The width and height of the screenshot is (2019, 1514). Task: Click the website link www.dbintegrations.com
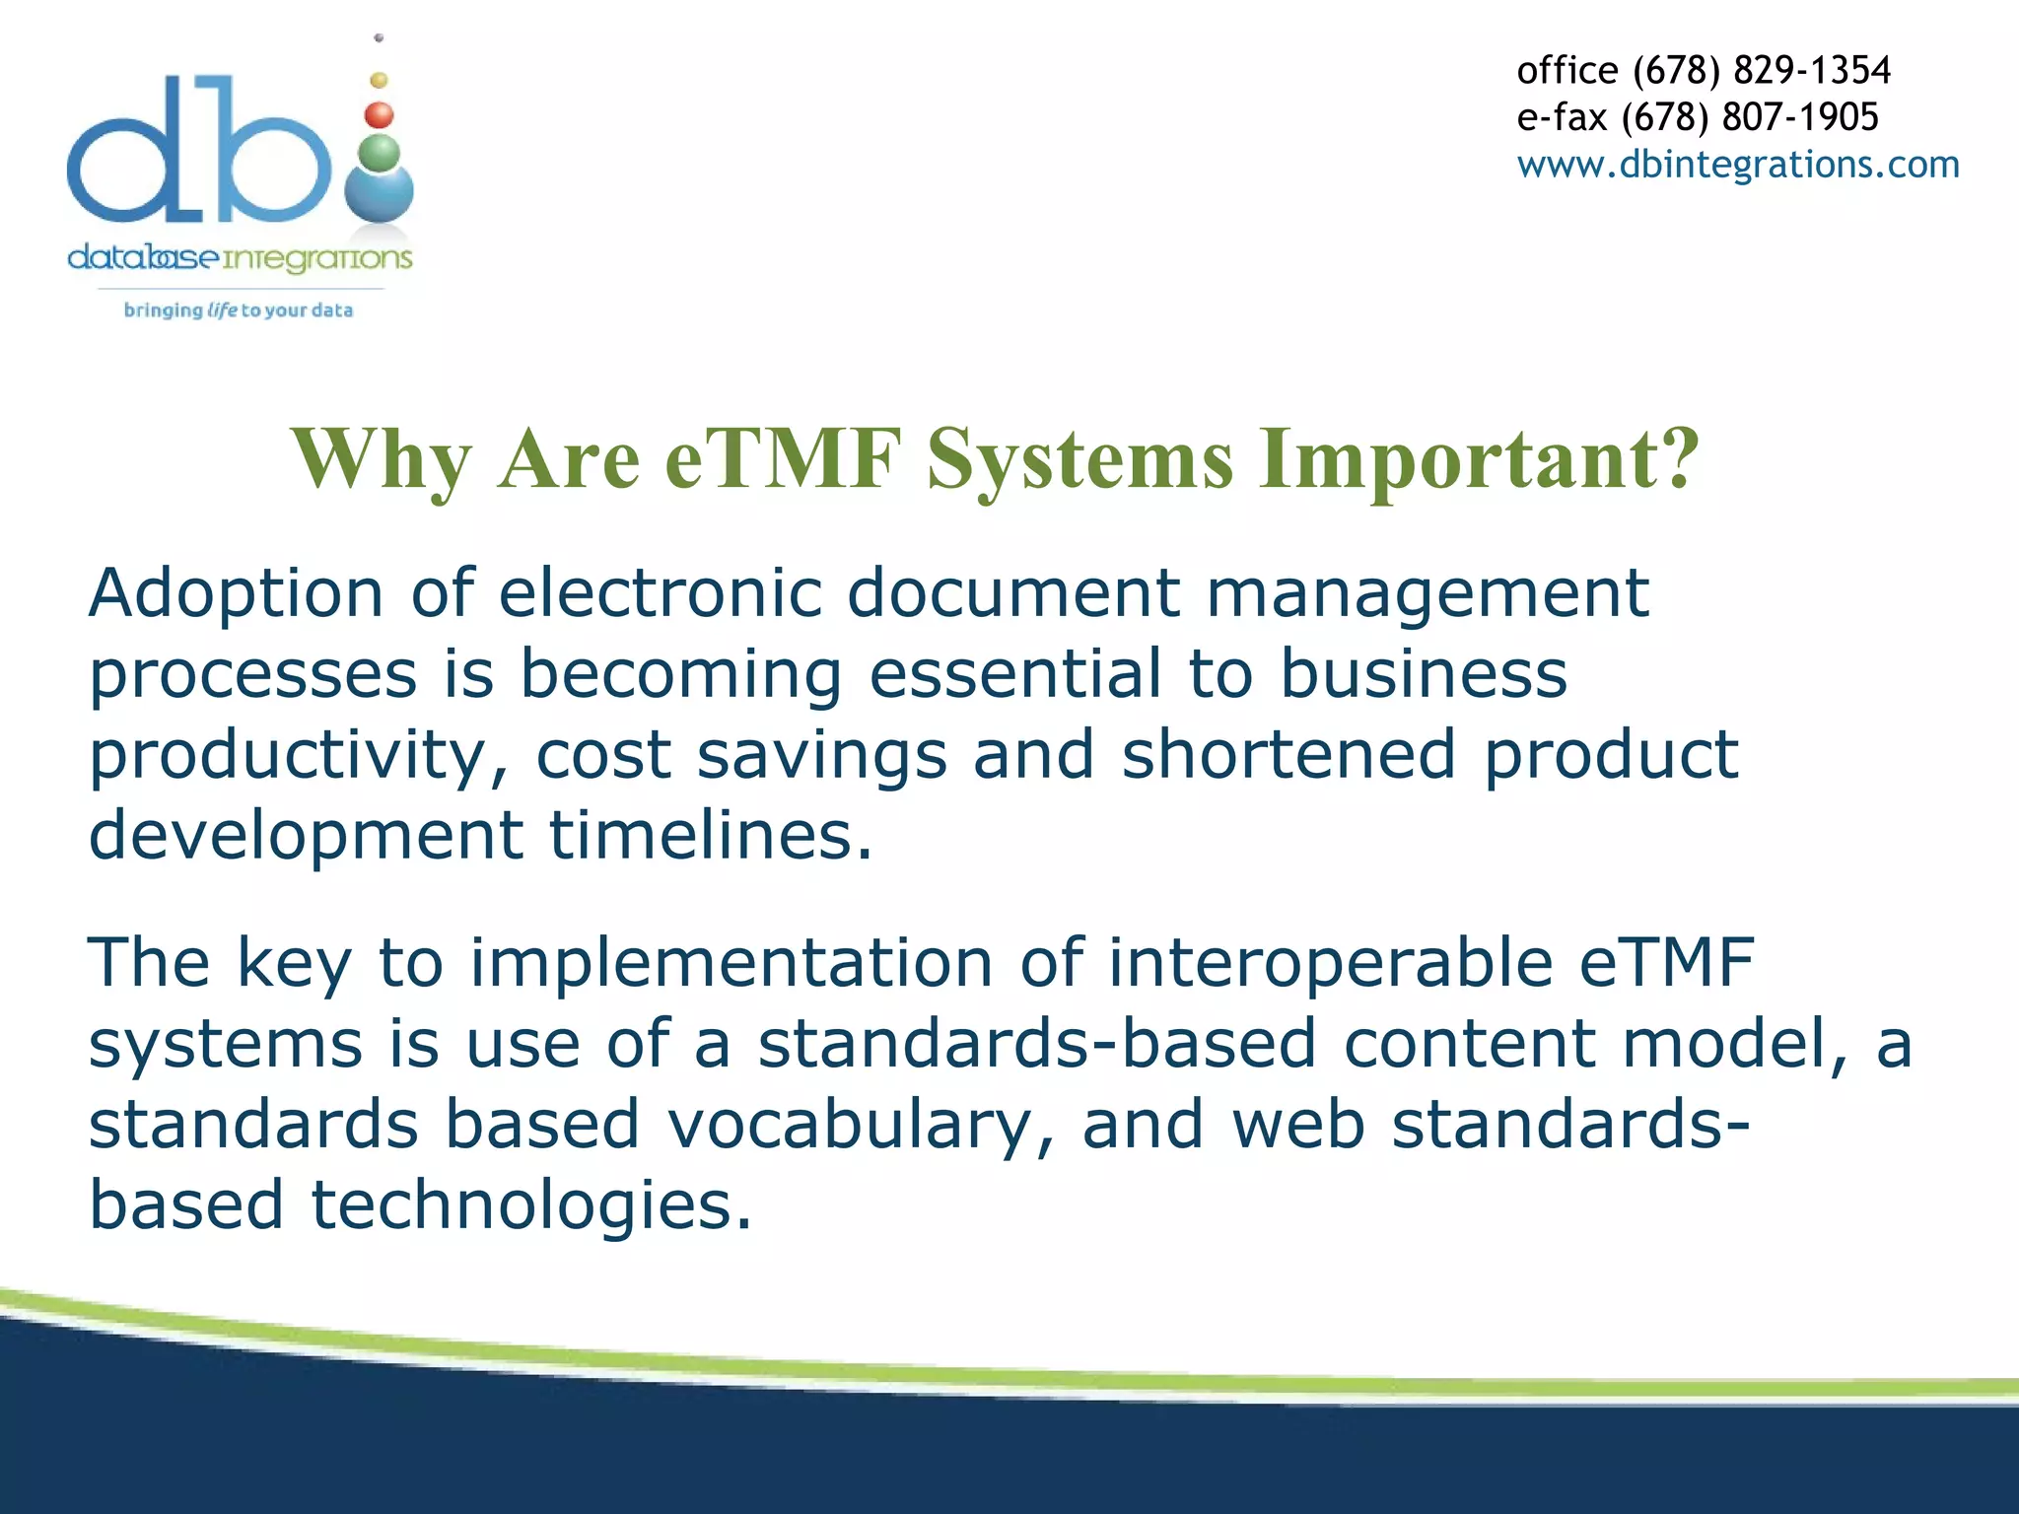[1737, 165]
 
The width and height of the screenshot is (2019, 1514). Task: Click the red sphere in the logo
[380, 115]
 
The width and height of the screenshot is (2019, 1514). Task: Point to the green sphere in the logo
[380, 154]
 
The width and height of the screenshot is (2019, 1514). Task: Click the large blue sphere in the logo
[380, 194]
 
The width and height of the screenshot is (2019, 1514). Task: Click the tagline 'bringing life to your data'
[239, 310]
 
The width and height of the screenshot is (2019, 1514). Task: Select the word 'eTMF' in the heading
[784, 458]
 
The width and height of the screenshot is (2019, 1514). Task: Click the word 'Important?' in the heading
[1480, 458]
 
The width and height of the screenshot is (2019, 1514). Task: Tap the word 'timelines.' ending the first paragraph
[710, 836]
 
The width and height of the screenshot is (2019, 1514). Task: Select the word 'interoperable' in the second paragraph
[1331, 963]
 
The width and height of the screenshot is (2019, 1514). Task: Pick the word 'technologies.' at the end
[531, 1205]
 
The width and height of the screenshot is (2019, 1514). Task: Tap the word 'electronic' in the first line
[660, 594]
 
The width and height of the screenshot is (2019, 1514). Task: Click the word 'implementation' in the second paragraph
[731, 963]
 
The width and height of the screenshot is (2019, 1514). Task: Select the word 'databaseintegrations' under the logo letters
[240, 258]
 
